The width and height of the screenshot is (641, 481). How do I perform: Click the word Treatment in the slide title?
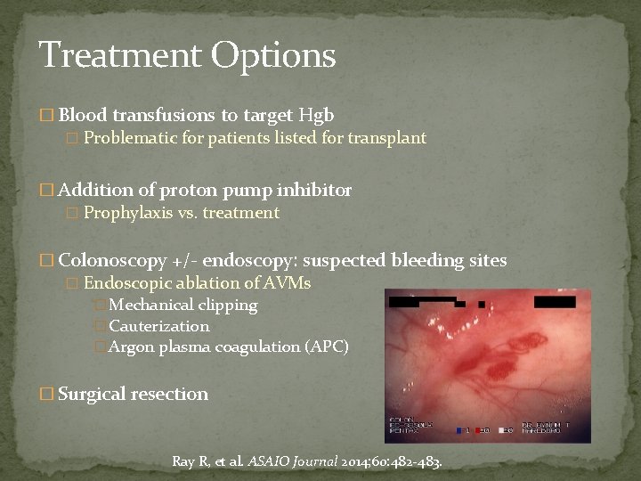coord(120,55)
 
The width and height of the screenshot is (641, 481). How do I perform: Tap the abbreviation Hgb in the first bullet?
coord(317,115)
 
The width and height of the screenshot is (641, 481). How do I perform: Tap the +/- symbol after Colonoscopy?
coord(184,261)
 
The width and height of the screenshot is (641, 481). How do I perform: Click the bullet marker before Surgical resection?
coord(48,394)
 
